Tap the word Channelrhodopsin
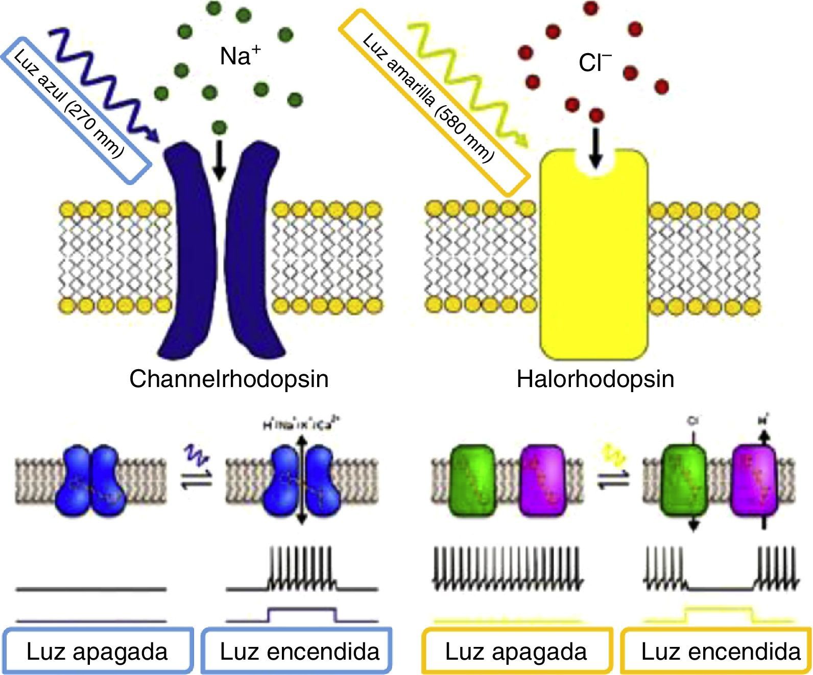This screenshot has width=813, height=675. click(x=229, y=379)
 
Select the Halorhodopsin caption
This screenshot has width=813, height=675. click(x=595, y=379)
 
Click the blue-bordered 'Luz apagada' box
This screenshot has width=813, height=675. click(x=97, y=652)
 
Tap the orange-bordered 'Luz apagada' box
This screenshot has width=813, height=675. click(x=516, y=652)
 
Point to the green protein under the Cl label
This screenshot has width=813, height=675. click(x=684, y=483)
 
